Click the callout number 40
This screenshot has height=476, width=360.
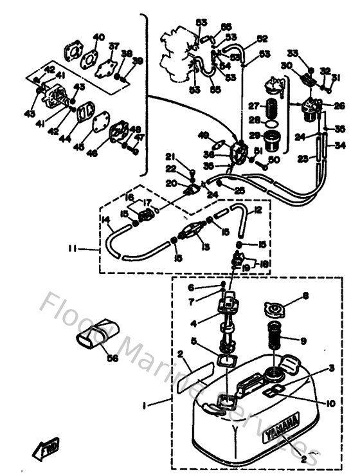click(x=98, y=36)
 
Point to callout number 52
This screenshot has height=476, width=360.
click(x=262, y=38)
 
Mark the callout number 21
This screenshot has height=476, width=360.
click(x=170, y=157)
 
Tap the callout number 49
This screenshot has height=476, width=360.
click(x=204, y=135)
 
